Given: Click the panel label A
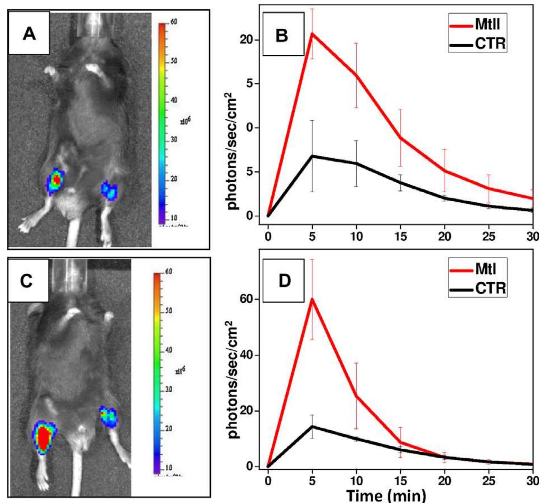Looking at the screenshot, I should click(29, 33).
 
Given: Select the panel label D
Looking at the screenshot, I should click(284, 281).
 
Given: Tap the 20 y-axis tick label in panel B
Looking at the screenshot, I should click(247, 40).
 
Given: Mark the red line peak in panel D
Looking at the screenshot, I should click(312, 299).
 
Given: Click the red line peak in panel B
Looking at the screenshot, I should click(312, 34).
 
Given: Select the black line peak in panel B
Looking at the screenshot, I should click(312, 156).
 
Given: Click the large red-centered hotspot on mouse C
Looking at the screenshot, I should click(44, 437).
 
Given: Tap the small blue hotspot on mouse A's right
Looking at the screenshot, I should click(110, 190).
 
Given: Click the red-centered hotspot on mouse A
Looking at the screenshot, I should click(56, 181).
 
